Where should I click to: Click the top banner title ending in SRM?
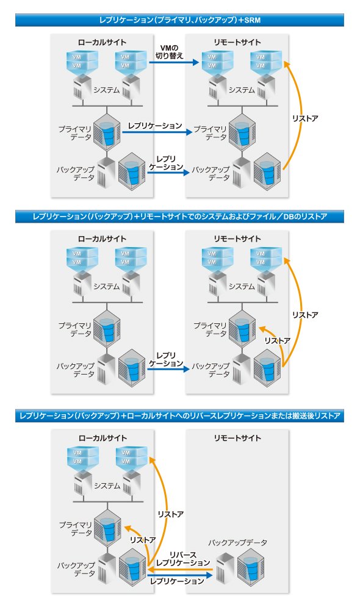(x=180, y=20)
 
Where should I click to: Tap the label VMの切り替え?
(x=169, y=52)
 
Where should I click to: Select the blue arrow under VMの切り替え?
(x=174, y=62)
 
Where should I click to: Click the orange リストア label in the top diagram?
(x=305, y=118)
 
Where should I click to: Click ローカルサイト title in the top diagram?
(x=102, y=42)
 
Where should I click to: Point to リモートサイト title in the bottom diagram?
(x=237, y=438)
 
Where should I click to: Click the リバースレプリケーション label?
(x=183, y=559)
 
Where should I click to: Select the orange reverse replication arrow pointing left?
(x=180, y=570)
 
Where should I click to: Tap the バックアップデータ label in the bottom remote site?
(x=237, y=542)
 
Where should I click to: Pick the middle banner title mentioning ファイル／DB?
(x=180, y=217)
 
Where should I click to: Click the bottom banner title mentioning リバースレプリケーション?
(x=180, y=416)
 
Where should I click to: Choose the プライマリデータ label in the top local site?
(x=74, y=132)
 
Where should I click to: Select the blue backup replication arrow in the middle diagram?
(x=168, y=368)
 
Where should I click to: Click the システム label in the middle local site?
(x=106, y=286)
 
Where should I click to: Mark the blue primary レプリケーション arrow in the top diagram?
(x=157, y=132)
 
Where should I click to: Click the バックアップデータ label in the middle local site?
(x=76, y=370)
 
